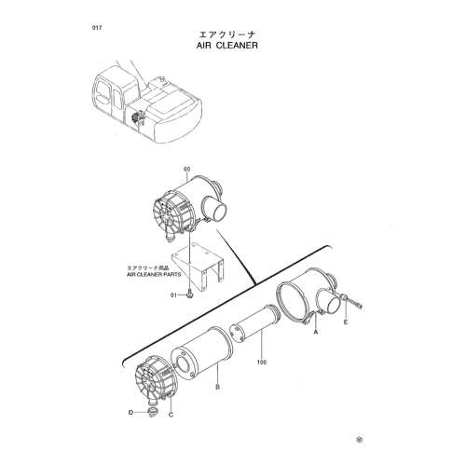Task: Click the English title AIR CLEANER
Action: [x=227, y=46]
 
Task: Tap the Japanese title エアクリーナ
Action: [x=227, y=34]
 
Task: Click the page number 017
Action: [x=97, y=28]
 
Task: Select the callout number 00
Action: [x=186, y=170]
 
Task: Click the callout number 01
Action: [x=173, y=295]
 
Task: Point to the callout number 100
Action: [x=262, y=362]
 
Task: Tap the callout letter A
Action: [x=316, y=333]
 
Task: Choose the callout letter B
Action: [x=218, y=387]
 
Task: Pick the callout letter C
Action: [x=171, y=415]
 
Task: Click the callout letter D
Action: [x=130, y=412]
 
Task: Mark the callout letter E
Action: [x=346, y=322]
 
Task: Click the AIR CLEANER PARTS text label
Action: [x=154, y=275]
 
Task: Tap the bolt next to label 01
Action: [x=190, y=295]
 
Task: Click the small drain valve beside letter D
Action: [x=153, y=412]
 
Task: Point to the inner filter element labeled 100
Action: [x=255, y=324]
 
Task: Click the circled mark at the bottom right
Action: [x=360, y=440]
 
